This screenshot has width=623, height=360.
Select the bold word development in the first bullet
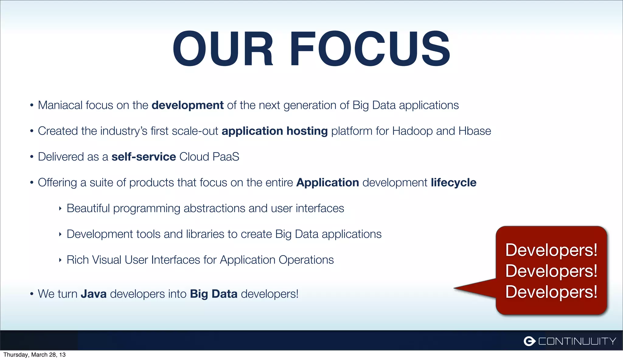pos(187,105)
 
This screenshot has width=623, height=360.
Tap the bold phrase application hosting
pos(274,131)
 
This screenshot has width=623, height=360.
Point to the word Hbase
pos(475,131)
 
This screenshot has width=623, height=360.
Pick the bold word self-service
pos(144,157)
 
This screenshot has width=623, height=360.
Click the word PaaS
pos(226,157)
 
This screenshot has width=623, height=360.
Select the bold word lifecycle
pos(453,183)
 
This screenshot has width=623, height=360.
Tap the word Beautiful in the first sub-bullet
pos(88,209)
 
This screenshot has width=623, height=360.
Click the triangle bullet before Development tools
pos(60,234)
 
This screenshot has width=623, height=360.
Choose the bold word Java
pos(93,294)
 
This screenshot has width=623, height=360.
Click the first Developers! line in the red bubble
pos(551,250)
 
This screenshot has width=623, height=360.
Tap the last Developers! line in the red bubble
pos(551,292)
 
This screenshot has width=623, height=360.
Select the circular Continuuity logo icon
pos(529,341)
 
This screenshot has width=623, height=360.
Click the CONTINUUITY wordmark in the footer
pos(577,341)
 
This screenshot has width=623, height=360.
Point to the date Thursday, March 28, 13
pos(34,355)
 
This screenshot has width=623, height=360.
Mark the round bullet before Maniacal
pos(32,106)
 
